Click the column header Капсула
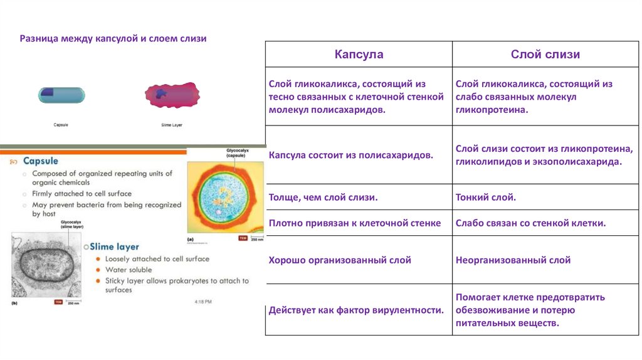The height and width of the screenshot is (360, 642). [359, 55]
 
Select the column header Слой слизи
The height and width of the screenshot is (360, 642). [545, 55]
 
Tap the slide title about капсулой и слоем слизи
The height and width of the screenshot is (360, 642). [113, 39]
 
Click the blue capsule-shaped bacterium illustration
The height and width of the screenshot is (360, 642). [61, 95]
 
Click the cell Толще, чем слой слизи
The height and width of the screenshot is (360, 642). [323, 198]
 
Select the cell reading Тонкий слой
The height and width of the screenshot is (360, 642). [486, 198]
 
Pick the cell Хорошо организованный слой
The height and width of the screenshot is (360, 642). [340, 260]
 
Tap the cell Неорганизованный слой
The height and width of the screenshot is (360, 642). [513, 260]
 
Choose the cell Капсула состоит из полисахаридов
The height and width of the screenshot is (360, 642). [350, 155]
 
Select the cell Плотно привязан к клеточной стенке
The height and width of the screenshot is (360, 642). [355, 223]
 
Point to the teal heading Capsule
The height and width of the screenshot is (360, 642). [45, 161]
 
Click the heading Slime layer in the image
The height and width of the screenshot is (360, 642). [115, 246]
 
